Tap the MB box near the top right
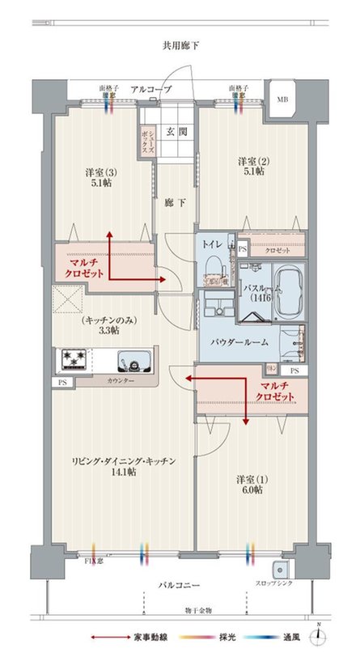tap(282, 99)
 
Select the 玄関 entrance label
tap(176, 131)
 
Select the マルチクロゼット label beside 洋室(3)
tap(83, 268)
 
